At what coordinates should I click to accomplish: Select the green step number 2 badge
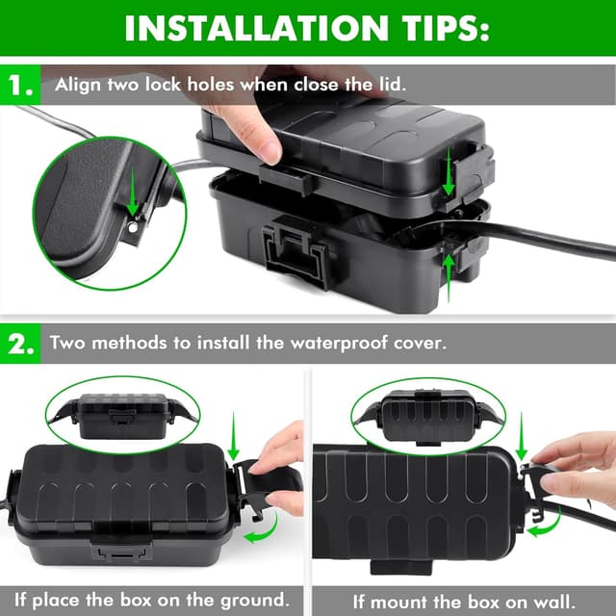click(x=21, y=344)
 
